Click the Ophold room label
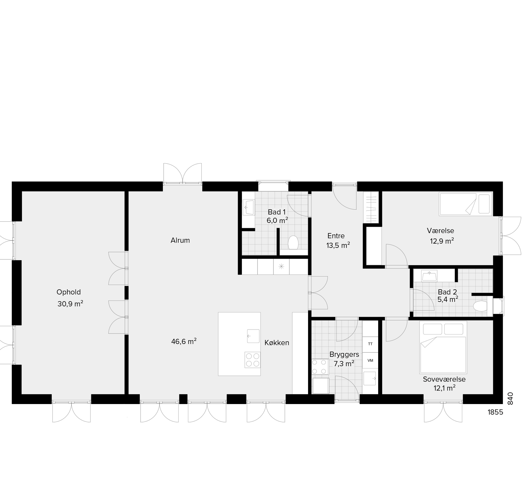pos(69,292)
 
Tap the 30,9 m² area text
pos(70,303)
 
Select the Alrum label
pos(180,240)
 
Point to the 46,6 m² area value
pos(184,341)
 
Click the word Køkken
pos(277,343)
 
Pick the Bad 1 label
pos(277,212)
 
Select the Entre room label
pos(336,236)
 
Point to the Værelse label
pos(440,231)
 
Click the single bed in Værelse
pos(465,204)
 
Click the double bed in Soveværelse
pos(443,347)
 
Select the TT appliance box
pos(370,344)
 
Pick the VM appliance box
pos(370,361)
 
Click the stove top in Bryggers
pos(320,367)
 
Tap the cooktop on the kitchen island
pos(253,360)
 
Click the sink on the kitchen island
pos(253,336)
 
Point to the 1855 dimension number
pos(495,412)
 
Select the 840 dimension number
pos(510,398)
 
